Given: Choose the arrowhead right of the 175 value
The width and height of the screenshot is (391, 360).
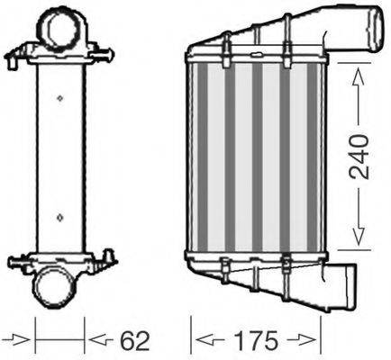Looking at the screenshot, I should pos(314,340).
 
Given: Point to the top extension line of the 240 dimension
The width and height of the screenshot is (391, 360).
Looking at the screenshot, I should pos(351,64).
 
